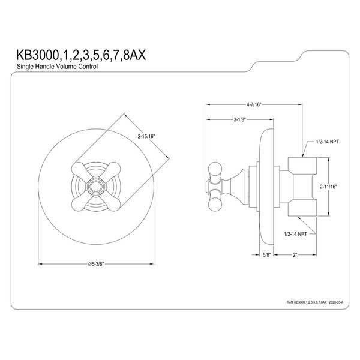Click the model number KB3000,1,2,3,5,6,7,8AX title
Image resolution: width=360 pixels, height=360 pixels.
(x=81, y=56)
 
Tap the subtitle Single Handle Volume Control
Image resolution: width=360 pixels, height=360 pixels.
(x=57, y=67)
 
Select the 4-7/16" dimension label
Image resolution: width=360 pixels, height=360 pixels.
(x=254, y=104)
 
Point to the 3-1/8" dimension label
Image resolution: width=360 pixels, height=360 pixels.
(x=240, y=119)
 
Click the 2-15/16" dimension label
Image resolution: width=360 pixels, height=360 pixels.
(x=146, y=136)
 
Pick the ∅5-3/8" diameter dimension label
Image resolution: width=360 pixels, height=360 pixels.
(x=96, y=264)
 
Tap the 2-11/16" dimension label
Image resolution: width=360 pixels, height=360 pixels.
(x=328, y=187)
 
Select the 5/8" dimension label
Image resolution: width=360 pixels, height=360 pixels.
(x=267, y=254)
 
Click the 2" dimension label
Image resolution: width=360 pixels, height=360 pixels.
(x=295, y=254)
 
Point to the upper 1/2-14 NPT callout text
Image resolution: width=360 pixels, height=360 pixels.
(x=328, y=142)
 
